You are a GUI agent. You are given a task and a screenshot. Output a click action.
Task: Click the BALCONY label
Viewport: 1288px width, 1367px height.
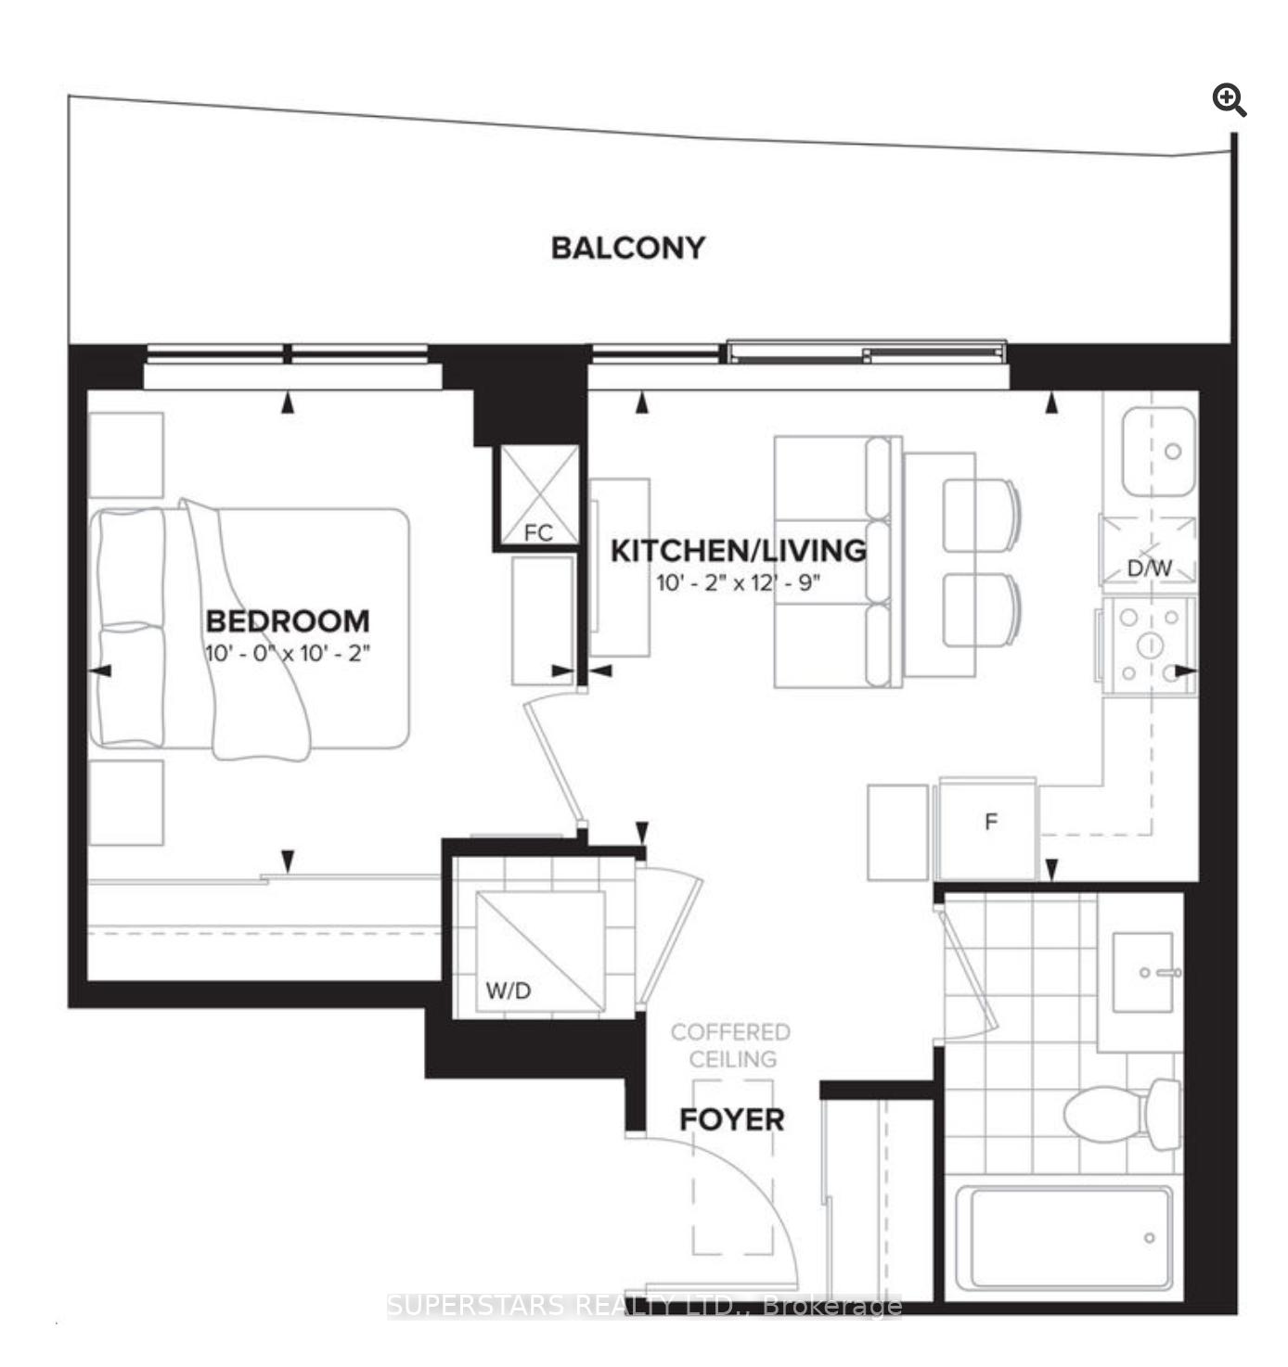pyautogui.click(x=627, y=248)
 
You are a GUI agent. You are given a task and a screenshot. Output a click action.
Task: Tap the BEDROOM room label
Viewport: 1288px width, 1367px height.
pyautogui.click(x=288, y=620)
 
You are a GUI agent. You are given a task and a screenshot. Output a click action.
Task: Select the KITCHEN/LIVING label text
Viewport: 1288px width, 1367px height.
pyautogui.click(x=739, y=551)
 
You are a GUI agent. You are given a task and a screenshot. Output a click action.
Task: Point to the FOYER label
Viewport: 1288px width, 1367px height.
pyautogui.click(x=731, y=1120)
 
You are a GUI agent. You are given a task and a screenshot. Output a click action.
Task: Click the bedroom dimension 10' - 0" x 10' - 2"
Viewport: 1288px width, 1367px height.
pyautogui.click(x=288, y=653)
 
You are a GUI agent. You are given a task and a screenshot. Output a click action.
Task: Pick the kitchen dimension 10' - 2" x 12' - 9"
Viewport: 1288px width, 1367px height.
pyautogui.click(x=739, y=583)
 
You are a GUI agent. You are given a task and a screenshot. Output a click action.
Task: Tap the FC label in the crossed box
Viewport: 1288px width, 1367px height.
pyautogui.click(x=538, y=532)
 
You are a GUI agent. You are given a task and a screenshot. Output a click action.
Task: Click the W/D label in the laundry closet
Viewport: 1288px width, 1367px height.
pyautogui.click(x=509, y=990)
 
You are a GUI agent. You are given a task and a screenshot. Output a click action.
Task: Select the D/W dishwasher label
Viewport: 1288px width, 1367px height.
pyautogui.click(x=1150, y=568)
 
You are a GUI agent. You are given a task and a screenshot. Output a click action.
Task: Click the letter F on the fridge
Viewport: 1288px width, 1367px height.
pyautogui.click(x=991, y=821)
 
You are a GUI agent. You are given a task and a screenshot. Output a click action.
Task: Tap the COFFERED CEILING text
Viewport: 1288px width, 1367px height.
pyautogui.click(x=731, y=1045)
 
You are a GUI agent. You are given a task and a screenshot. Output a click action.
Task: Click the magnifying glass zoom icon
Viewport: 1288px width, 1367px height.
pyautogui.click(x=1230, y=100)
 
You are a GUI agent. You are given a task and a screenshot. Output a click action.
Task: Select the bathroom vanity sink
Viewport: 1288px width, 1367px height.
pyautogui.click(x=1143, y=973)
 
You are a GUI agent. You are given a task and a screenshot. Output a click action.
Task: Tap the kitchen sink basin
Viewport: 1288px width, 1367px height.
pyautogui.click(x=1158, y=452)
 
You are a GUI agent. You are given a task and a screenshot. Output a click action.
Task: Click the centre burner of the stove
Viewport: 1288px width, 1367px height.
pyautogui.click(x=1150, y=645)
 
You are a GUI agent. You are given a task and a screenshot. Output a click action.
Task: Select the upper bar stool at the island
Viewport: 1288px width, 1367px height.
pyautogui.click(x=981, y=516)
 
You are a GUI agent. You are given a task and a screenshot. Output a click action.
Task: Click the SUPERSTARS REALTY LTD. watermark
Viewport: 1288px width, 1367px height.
pyautogui.click(x=644, y=1306)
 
